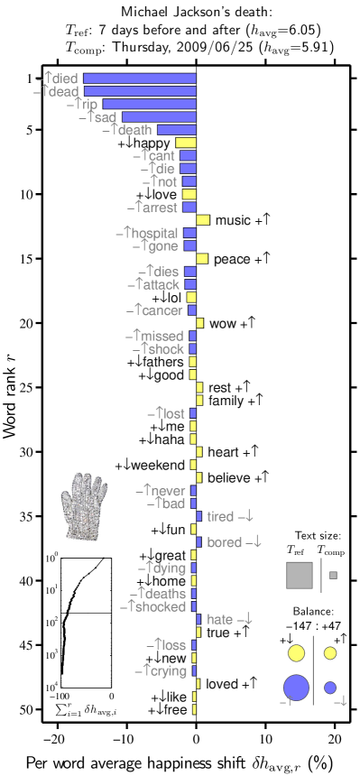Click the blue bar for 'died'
(140, 79)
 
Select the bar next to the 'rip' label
(149, 105)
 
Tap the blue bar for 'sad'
(159, 117)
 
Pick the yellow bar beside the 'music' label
(203, 220)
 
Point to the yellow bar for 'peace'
(202, 259)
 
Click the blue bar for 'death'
(176, 131)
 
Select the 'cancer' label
(160, 311)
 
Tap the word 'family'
(224, 401)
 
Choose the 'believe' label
(228, 478)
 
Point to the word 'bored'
(224, 542)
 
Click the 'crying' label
(165, 671)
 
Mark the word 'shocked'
(161, 607)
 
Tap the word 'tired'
(220, 517)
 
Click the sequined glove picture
(83, 507)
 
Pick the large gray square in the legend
(300, 575)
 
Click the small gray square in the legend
(333, 575)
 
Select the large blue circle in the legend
(296, 688)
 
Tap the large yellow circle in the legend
(296, 653)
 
